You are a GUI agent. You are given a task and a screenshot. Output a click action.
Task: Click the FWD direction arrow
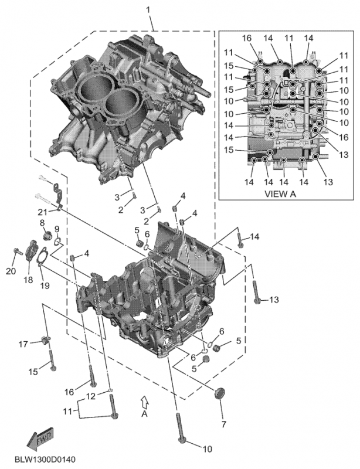click(x=39, y=439)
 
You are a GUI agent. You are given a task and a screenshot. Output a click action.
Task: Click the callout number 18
click(x=28, y=280)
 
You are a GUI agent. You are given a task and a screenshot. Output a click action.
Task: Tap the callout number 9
click(x=57, y=229)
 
